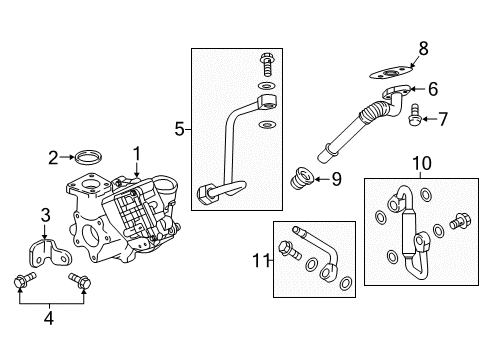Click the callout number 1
pos(137,153)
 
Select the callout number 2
pos(52,156)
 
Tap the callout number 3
pos(45,215)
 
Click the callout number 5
pos(180,128)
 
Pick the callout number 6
pos(432,89)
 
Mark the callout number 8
pos(422,47)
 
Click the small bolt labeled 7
pos(413,121)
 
